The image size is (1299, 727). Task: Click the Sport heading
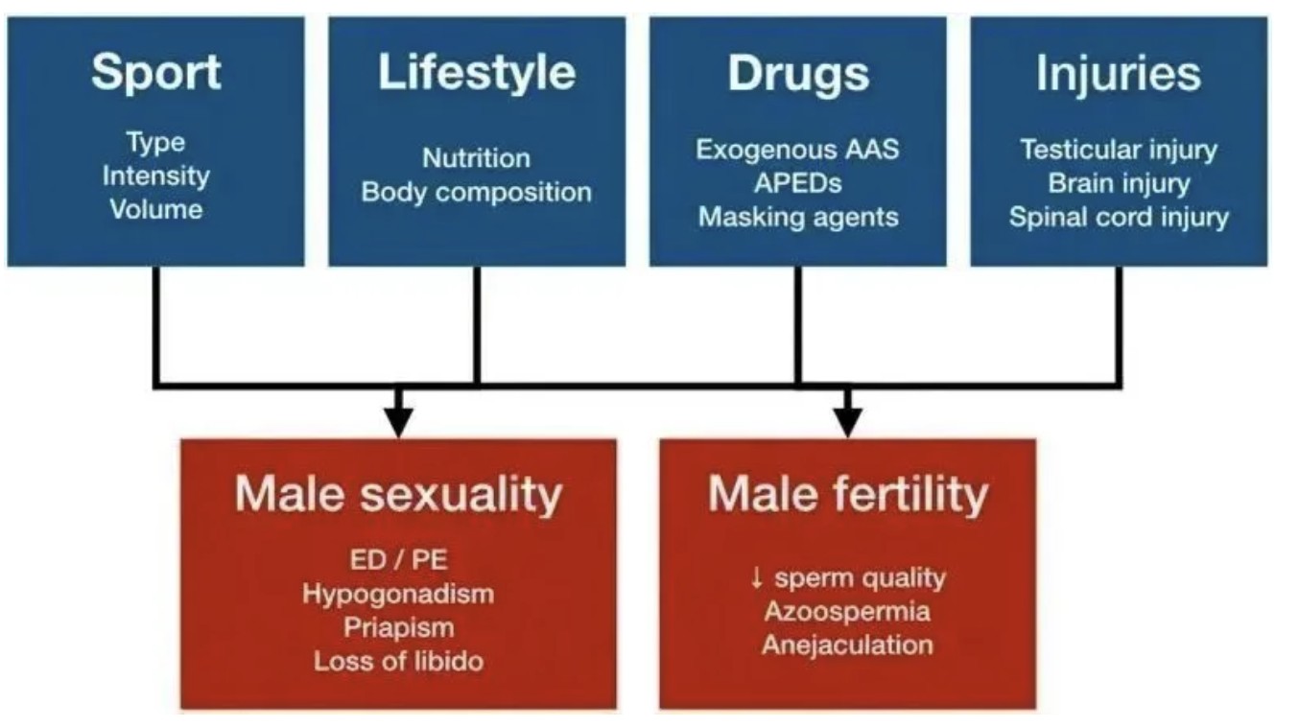tap(156, 73)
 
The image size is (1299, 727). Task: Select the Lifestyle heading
tap(477, 73)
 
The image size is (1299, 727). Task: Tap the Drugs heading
tap(798, 73)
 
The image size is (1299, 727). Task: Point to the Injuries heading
tap(1119, 73)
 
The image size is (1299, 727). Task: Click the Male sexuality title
tap(398, 495)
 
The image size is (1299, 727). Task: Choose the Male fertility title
tap(848, 495)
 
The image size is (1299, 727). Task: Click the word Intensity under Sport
tap(156, 176)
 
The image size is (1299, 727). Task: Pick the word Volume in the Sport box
tap(156, 209)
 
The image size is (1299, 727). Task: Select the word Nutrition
tap(477, 158)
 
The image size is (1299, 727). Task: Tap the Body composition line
tap(477, 193)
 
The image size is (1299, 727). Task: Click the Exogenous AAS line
tap(798, 150)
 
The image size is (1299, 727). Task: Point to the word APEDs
tap(798, 183)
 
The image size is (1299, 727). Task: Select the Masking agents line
tap(798, 218)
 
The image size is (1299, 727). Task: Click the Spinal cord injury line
tap(1119, 218)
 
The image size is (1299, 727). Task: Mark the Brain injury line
tap(1119, 183)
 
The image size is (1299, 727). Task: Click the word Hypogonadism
tap(398, 595)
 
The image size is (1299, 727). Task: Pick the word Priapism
tap(398, 628)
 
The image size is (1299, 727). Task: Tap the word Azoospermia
tap(848, 612)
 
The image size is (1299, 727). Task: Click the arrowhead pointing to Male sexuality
tap(398, 422)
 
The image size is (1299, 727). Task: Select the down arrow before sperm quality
tap(756, 578)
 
